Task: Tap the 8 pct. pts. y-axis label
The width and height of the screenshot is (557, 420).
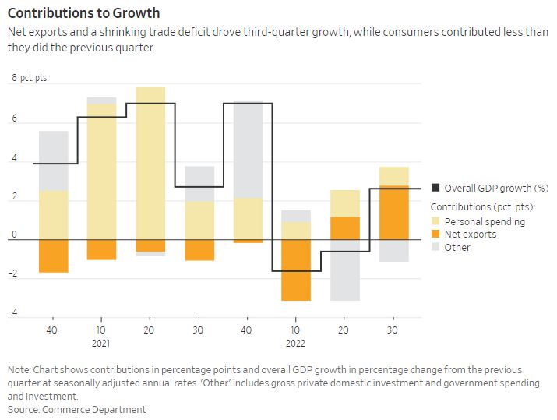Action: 30,79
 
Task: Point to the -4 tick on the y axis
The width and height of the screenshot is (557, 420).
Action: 13,313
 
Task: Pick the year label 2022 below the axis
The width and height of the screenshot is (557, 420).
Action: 295,343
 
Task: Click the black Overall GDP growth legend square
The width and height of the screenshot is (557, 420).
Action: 435,188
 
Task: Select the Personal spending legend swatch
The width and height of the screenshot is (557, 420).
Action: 435,221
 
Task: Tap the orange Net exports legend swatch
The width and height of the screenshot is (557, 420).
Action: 435,234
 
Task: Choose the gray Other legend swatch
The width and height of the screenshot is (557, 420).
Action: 435,247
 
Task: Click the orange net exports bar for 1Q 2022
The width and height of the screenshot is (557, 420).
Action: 296,270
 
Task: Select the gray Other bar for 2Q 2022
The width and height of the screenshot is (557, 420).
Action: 344,270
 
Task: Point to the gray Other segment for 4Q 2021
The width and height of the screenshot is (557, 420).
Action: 248,149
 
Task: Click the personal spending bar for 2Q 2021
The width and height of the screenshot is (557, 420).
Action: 150,168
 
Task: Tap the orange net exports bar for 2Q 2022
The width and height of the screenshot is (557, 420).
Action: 344,228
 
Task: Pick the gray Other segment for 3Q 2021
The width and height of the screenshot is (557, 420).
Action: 199,184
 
